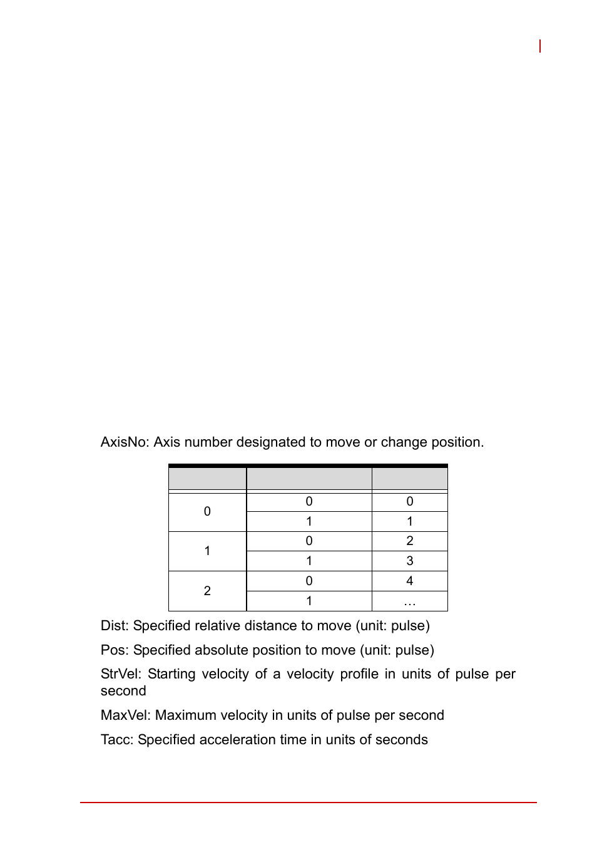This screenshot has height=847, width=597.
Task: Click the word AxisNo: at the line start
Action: click(x=125, y=442)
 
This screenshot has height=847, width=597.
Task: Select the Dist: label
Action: click(x=115, y=626)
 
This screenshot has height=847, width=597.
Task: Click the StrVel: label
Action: click(x=120, y=674)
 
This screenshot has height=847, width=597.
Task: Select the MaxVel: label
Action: click(x=126, y=715)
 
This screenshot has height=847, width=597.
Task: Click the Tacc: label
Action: click(x=117, y=740)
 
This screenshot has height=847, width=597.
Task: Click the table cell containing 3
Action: click(x=410, y=561)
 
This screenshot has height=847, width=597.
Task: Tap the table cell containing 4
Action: click(x=410, y=581)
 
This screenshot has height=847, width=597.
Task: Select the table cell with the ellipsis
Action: click(x=410, y=601)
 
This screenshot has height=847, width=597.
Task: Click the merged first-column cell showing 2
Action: click(x=207, y=591)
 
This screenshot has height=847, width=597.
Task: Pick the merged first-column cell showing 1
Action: click(x=207, y=551)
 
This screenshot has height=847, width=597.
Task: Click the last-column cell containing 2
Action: click(x=410, y=541)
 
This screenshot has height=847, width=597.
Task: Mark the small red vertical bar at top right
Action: click(x=540, y=46)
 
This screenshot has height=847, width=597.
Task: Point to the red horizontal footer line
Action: click(x=308, y=802)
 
